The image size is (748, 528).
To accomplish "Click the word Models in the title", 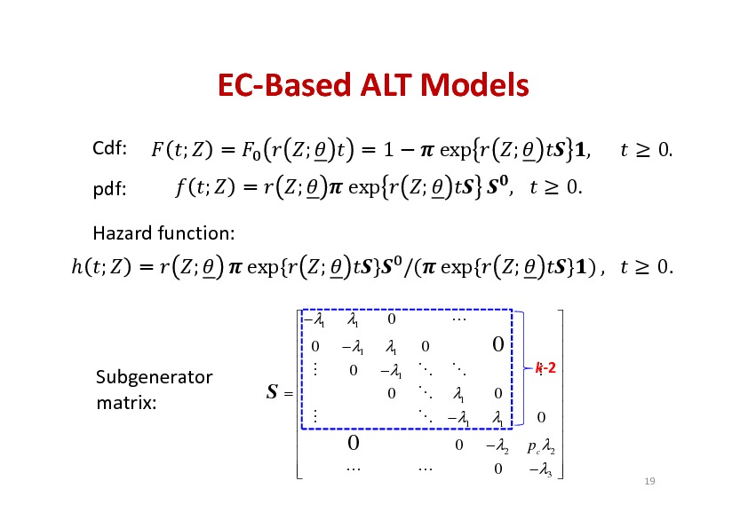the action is [x=474, y=85].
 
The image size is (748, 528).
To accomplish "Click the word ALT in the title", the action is [x=386, y=85].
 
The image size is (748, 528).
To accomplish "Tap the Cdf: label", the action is [x=110, y=148].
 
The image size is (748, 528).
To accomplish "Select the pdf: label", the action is [x=110, y=189].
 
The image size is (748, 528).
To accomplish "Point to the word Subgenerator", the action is [x=154, y=377].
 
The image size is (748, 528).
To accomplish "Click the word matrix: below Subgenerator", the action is [x=126, y=403].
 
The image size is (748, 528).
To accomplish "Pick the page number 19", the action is [x=649, y=481].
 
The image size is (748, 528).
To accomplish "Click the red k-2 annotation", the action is [x=545, y=368].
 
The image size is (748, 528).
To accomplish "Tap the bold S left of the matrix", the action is [x=272, y=391].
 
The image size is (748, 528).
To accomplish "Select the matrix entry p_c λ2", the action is [x=541, y=446].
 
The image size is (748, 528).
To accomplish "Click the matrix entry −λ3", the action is [x=540, y=470].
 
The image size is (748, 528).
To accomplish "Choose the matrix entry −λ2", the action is [x=497, y=446].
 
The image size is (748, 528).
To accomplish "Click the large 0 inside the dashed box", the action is [x=498, y=344].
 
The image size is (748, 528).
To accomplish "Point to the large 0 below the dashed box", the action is [x=353, y=443].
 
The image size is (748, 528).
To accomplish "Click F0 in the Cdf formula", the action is [x=251, y=151].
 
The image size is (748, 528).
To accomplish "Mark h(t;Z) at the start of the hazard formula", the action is [x=101, y=267].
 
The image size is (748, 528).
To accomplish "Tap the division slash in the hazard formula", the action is [x=408, y=267].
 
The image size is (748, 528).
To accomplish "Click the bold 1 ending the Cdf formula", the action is [x=579, y=150].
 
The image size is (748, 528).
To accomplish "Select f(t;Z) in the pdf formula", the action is [x=205, y=187].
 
